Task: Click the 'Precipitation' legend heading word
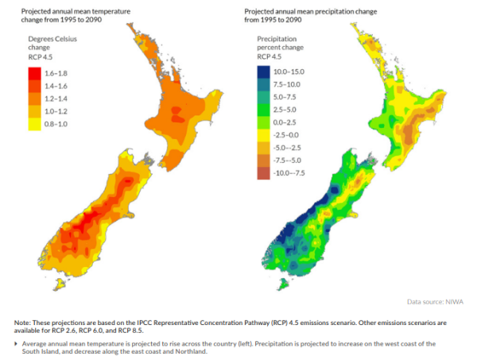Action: coord(278,38)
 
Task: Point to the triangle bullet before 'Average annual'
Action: coord(17,343)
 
